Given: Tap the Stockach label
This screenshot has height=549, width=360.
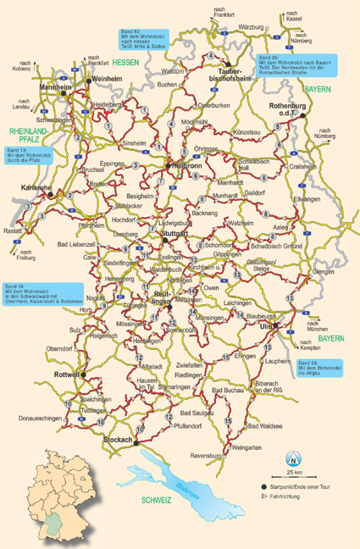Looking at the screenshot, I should (119, 441).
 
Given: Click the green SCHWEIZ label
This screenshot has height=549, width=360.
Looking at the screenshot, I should (158, 501).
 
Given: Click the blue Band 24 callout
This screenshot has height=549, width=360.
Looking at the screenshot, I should (320, 366).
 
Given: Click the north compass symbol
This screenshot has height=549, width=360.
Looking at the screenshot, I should (294, 461).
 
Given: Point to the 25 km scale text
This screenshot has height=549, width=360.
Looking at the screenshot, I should (294, 472).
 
